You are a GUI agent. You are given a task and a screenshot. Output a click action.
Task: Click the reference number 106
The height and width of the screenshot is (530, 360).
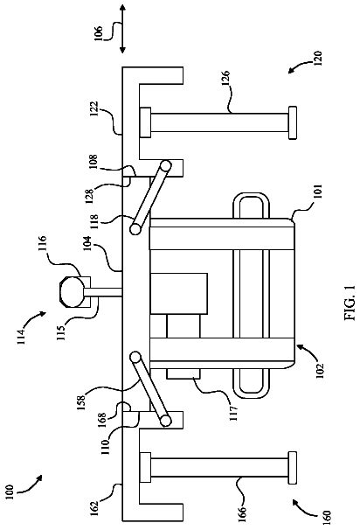click(98, 32)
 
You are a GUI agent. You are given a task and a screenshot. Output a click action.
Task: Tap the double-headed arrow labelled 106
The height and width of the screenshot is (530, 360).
click(122, 29)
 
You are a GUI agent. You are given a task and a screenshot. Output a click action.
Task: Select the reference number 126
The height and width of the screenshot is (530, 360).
click(226, 78)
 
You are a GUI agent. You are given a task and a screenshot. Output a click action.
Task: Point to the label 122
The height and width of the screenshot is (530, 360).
click(94, 109)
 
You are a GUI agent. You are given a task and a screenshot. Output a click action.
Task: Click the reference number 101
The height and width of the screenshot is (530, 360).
click(319, 192)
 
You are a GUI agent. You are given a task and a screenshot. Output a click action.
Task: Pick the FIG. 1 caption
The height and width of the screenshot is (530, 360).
click(350, 303)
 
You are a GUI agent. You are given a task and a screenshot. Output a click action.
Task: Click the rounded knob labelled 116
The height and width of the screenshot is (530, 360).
click(72, 292)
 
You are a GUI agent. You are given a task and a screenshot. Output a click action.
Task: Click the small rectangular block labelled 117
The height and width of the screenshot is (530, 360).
click(183, 373)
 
